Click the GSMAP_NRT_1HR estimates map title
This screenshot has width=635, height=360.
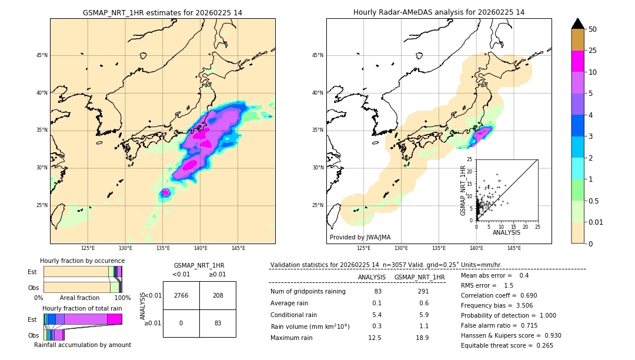click(x=162, y=12)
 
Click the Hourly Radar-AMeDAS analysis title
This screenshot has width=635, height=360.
click(x=439, y=12)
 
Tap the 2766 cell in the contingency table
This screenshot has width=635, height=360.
click(x=181, y=295)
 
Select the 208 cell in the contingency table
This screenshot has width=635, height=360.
click(x=218, y=295)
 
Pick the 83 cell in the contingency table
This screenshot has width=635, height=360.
click(x=218, y=323)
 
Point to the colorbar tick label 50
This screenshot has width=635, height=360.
click(x=593, y=29)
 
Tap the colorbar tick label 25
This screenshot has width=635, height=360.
click(x=593, y=51)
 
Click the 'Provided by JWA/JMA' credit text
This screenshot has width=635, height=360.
click(x=360, y=238)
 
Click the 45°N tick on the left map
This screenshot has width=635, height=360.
click(x=41, y=55)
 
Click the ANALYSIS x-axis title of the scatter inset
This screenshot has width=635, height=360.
click(x=506, y=232)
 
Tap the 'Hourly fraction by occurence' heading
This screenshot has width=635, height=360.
click(x=82, y=261)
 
